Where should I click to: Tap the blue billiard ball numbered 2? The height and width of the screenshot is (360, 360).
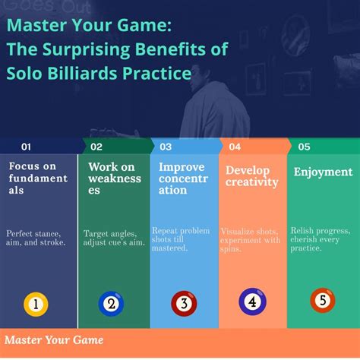coord(111,305)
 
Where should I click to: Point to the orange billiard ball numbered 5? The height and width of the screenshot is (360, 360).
coord(322,300)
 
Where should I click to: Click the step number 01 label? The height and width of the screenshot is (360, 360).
coord(26,147)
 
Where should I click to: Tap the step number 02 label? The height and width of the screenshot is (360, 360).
coord(96,147)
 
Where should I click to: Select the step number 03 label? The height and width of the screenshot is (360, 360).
coord(166,147)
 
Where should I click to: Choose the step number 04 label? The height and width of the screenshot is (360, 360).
coord(235,147)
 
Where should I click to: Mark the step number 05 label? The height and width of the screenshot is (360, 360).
coord(304,147)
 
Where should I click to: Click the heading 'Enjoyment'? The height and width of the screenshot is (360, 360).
coord(323,172)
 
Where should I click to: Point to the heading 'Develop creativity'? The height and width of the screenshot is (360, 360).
coord(251,175)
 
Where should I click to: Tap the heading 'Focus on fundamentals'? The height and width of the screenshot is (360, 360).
coord(38,178)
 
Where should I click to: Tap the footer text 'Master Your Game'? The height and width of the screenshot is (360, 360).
coord(54,339)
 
